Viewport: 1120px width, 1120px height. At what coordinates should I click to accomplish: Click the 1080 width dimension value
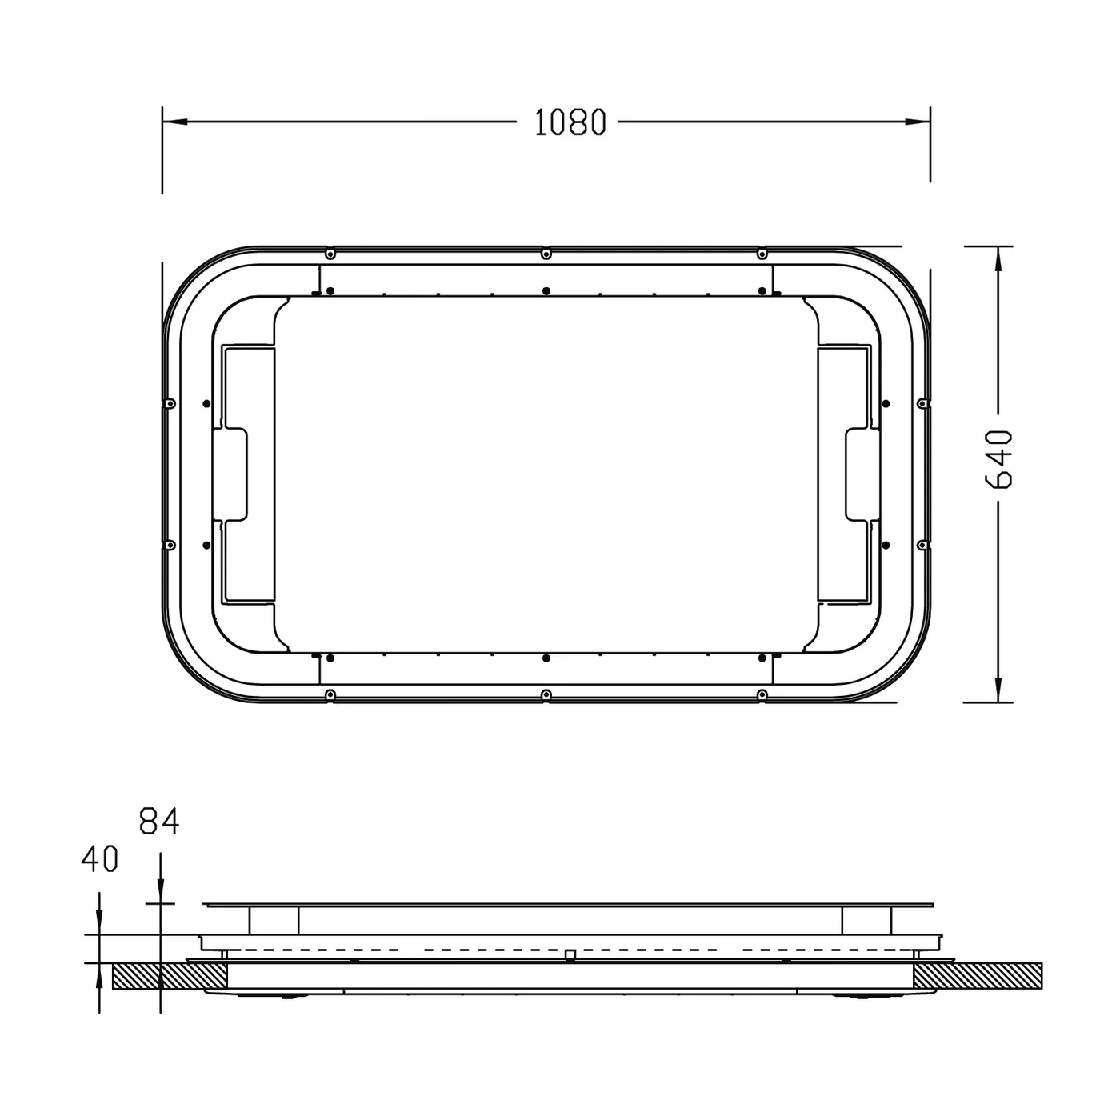click(x=570, y=122)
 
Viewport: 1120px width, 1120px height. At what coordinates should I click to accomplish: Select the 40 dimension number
click(x=99, y=859)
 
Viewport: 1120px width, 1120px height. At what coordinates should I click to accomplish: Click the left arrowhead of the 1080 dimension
click(x=174, y=122)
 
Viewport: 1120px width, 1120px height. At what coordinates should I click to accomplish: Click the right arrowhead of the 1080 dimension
click(x=918, y=122)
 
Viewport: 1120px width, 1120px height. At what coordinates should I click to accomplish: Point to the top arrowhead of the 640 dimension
click(x=998, y=258)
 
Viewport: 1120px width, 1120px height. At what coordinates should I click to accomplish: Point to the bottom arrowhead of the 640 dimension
click(x=998, y=690)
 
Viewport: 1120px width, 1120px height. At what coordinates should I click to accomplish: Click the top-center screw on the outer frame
click(x=546, y=254)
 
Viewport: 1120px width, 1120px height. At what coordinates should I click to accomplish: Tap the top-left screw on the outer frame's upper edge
click(x=330, y=254)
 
